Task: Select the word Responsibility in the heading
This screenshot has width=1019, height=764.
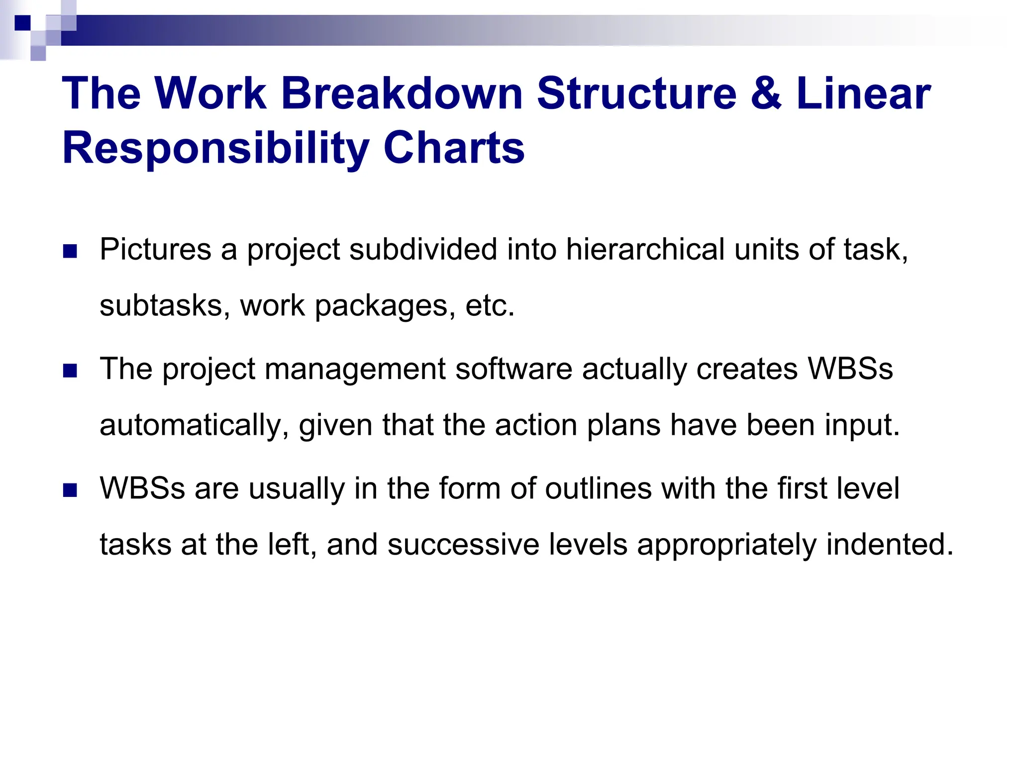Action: click(215, 148)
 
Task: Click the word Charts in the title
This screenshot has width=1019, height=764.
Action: click(454, 148)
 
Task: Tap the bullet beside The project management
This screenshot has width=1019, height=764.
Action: click(70, 371)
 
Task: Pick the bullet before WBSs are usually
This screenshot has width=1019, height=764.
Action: click(70, 490)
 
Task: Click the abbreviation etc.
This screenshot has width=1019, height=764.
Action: click(490, 306)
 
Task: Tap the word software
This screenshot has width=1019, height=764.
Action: click(513, 369)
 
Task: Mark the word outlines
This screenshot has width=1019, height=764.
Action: click(598, 488)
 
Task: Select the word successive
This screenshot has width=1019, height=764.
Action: click(463, 544)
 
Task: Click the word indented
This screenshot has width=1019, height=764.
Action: click(890, 544)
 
